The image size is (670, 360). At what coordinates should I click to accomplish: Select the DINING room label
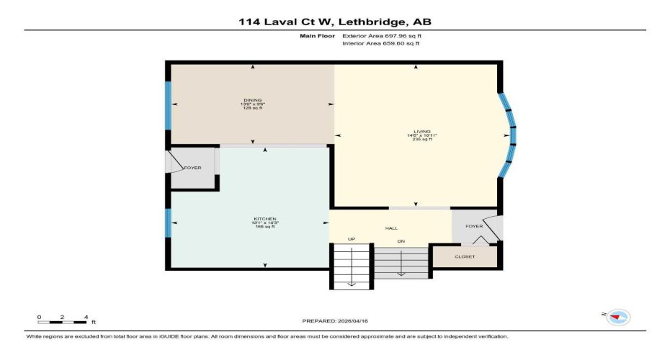tap(252, 100)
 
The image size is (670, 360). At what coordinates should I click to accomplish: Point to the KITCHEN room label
tap(265, 219)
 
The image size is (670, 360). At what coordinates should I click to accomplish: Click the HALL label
tap(392, 228)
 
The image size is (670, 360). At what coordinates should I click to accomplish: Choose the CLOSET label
tap(465, 256)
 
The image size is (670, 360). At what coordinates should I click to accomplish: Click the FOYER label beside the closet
tap(473, 225)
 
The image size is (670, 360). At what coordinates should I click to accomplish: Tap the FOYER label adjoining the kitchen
tap(192, 168)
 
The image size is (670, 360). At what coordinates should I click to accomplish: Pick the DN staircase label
tap(401, 240)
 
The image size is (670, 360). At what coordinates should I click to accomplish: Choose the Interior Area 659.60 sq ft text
tap(380, 44)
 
